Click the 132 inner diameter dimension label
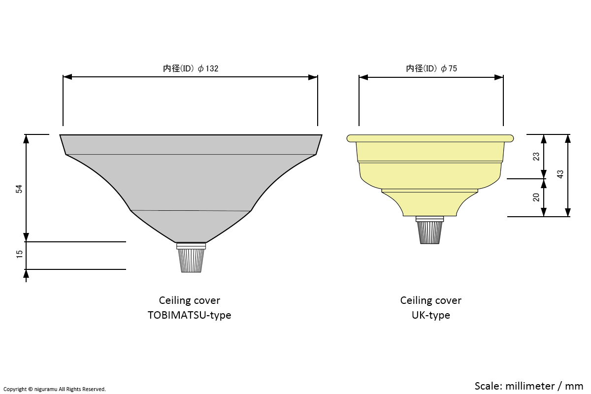(191, 68)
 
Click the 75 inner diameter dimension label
(431, 68)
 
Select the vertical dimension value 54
(19, 189)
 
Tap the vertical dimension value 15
(19, 254)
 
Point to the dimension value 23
(536, 156)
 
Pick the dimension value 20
(536, 197)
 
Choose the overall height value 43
(560, 174)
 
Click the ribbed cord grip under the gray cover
(191, 261)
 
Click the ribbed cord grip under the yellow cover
(430, 232)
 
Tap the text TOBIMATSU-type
(189, 315)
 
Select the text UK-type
(430, 315)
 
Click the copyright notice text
(54, 389)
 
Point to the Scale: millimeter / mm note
(528, 385)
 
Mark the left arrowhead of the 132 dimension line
(67, 77)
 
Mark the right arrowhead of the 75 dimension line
(499, 77)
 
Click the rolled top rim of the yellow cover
(430, 138)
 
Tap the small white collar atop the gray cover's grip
(191, 245)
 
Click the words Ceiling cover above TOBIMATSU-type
(189, 300)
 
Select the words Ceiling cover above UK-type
(430, 300)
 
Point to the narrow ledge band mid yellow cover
(430, 191)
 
